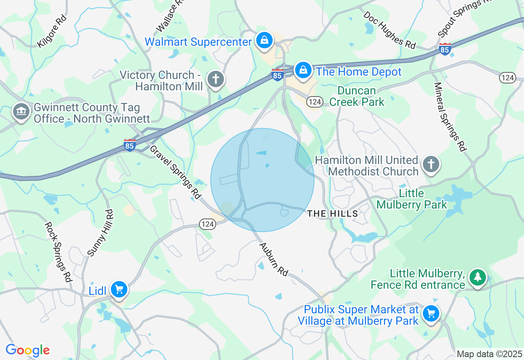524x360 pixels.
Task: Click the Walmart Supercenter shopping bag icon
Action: [x=264, y=40]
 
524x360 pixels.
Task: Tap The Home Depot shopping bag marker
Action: [x=303, y=70]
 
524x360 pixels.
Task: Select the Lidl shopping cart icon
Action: [x=119, y=290]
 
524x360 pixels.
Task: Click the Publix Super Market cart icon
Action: [x=431, y=314]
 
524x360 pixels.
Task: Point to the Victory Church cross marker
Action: [x=215, y=79]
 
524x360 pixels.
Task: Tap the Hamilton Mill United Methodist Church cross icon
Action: [x=431, y=164]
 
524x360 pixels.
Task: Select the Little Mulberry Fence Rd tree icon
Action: [x=477, y=277]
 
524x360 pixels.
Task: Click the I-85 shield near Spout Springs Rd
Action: [x=445, y=49]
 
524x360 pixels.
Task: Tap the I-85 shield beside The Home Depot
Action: [x=278, y=74]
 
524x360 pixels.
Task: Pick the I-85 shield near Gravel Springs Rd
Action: [x=130, y=145]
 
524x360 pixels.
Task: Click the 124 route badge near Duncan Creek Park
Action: [x=314, y=102]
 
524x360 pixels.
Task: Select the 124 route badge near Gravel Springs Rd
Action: [x=208, y=224]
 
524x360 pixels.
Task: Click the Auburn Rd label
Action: [x=274, y=258]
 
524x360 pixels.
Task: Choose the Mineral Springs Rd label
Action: [x=450, y=117]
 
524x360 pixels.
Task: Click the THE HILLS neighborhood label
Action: [x=332, y=214]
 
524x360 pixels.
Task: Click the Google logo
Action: [x=27, y=350]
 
